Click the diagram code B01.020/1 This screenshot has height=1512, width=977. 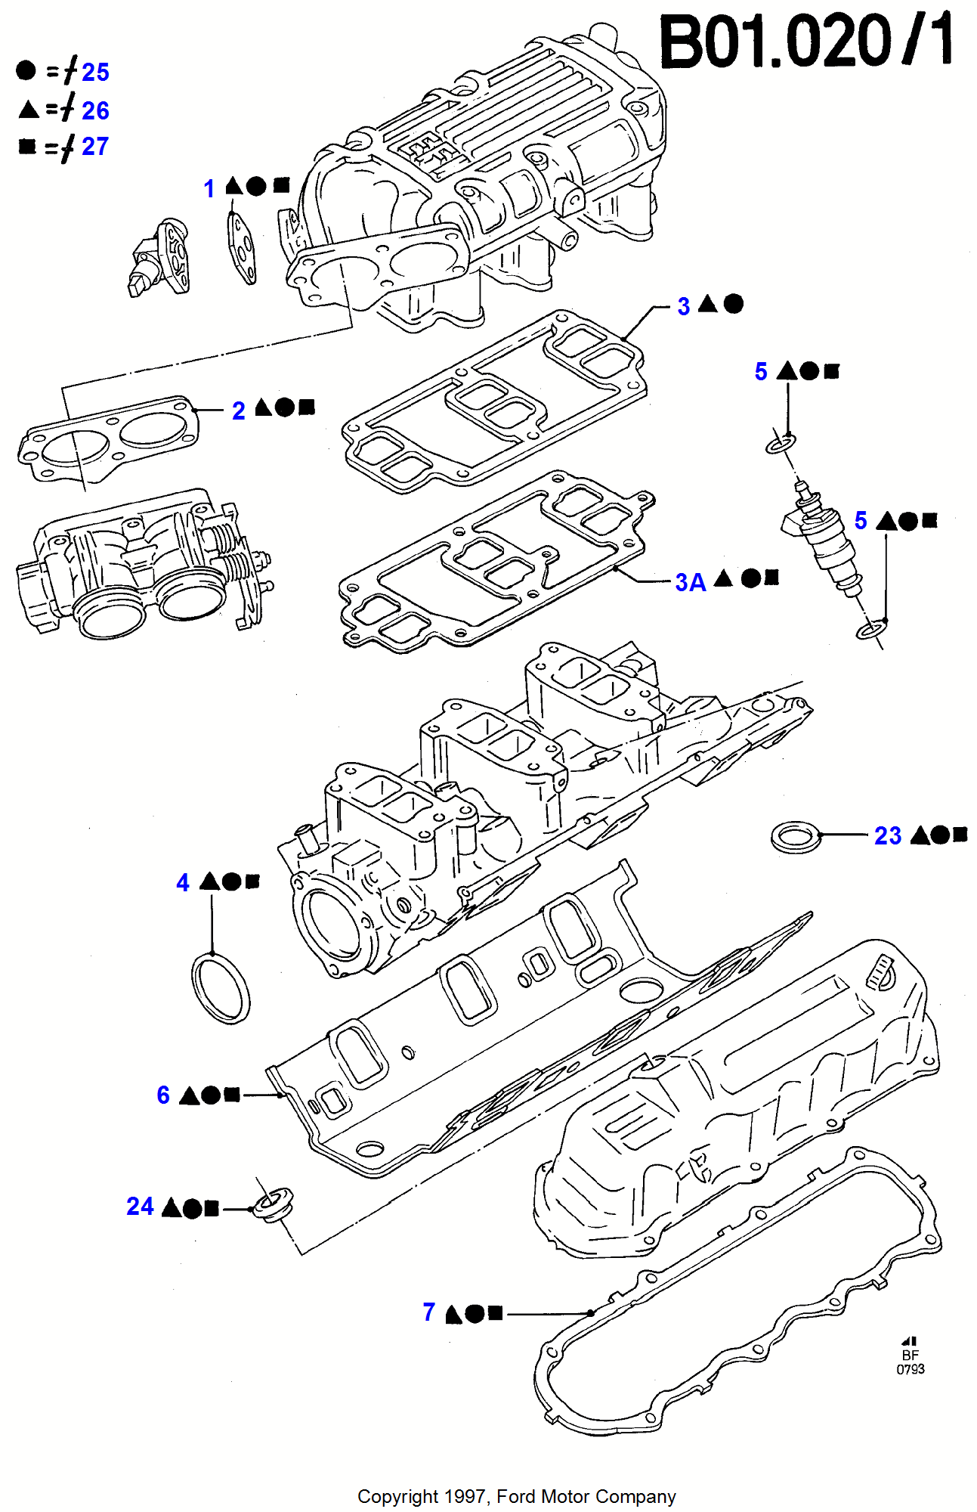[806, 42]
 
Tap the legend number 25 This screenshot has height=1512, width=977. [95, 73]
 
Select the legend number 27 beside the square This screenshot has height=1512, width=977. [95, 146]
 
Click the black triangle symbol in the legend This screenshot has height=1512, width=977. [29, 110]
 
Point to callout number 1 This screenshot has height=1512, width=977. [209, 188]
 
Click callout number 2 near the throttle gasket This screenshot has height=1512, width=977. [239, 411]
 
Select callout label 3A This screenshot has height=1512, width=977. [690, 582]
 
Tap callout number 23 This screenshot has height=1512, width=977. [887, 835]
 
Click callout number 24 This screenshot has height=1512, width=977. [140, 1206]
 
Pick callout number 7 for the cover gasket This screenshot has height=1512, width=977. [428, 1312]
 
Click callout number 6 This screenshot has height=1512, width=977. [163, 1095]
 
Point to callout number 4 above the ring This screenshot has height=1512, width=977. [183, 882]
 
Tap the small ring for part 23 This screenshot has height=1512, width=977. [796, 837]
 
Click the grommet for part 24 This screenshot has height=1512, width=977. [273, 1204]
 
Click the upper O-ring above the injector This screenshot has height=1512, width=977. [781, 443]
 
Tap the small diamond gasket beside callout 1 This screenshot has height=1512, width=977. [242, 248]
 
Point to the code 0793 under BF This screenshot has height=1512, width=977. [910, 1369]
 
